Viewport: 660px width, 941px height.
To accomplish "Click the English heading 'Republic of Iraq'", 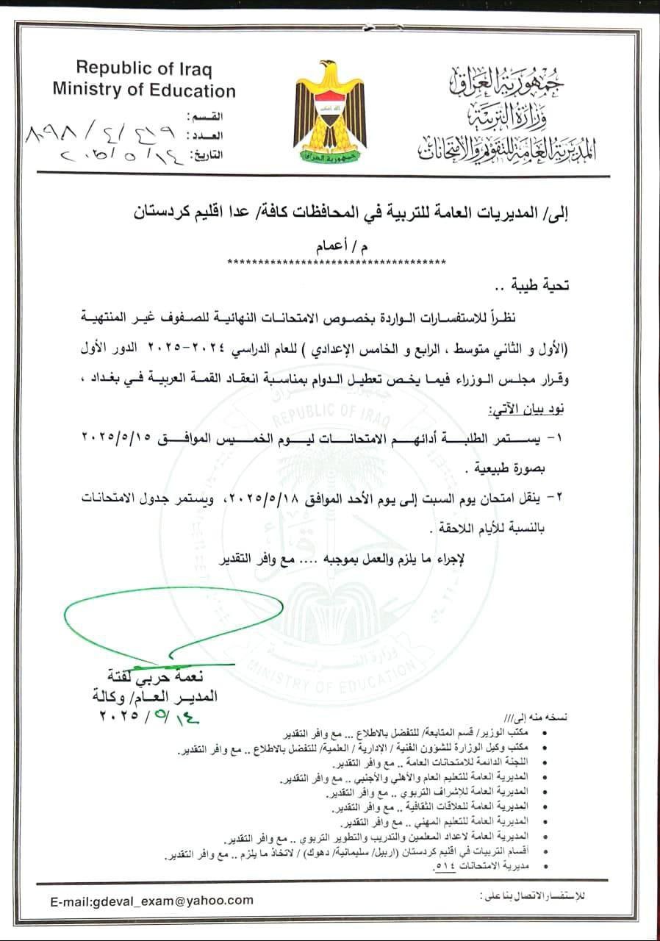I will [x=143, y=69].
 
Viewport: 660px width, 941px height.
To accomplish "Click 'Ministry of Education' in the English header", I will [x=143, y=90].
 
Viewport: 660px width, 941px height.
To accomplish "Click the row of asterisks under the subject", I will [x=337, y=262].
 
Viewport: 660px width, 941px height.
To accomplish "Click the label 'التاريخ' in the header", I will [x=206, y=155].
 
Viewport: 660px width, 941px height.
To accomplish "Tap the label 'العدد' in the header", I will [x=204, y=136].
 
